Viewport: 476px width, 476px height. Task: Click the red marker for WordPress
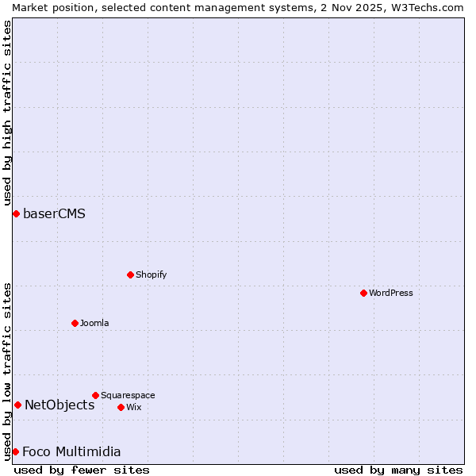click(x=363, y=293)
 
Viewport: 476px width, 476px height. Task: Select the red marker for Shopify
click(x=130, y=274)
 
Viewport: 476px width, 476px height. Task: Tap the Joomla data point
click(x=75, y=323)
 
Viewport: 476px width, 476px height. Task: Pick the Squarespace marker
click(x=95, y=395)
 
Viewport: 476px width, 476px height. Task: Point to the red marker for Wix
click(x=121, y=407)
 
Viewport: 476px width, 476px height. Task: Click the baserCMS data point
click(x=16, y=213)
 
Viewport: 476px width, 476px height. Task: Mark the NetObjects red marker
click(x=17, y=405)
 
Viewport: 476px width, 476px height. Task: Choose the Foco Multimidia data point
click(x=15, y=451)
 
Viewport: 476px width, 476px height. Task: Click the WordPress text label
click(x=391, y=293)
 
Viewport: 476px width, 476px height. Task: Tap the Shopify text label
click(x=151, y=274)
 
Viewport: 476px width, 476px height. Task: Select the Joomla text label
click(x=94, y=323)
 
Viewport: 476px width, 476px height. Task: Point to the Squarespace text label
click(x=128, y=395)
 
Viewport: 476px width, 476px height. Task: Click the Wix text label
click(x=134, y=407)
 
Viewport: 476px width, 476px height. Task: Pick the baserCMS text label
click(x=54, y=213)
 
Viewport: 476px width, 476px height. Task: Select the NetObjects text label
click(x=59, y=405)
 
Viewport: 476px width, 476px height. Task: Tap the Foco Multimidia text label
click(x=71, y=451)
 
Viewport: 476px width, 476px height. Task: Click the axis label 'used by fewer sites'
click(x=82, y=470)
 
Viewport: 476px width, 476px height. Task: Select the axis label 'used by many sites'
click(x=398, y=470)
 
